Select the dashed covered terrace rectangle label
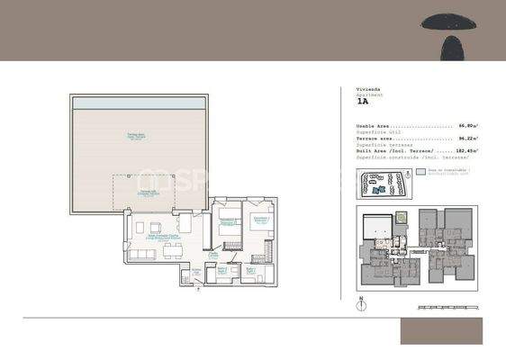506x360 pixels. click(146, 192)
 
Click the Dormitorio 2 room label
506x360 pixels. click(229, 220)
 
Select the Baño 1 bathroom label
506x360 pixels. click(221, 269)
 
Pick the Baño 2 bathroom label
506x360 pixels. click(251, 269)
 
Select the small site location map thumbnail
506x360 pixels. click(378, 184)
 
